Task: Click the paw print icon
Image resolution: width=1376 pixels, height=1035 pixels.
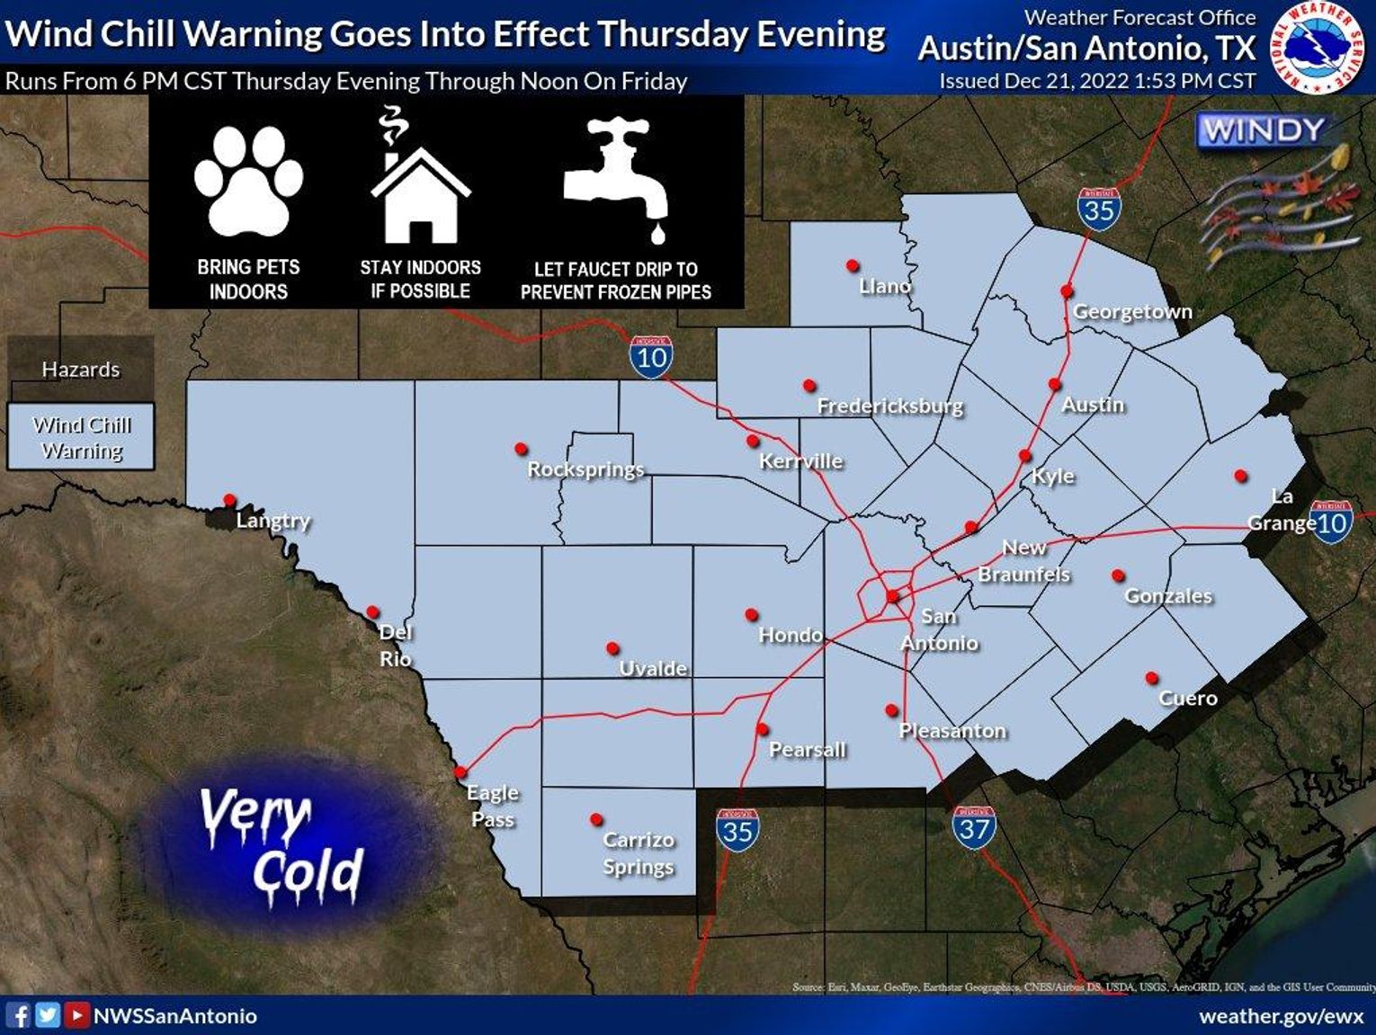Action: [248, 182]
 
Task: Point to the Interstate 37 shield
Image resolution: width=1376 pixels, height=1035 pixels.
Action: [974, 827]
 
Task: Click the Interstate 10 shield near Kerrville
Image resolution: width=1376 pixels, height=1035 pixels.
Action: [651, 357]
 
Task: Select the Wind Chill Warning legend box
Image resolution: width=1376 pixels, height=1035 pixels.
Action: [81, 437]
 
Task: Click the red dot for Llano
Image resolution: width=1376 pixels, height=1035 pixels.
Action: [853, 266]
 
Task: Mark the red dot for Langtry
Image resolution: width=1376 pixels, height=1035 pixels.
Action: [229, 500]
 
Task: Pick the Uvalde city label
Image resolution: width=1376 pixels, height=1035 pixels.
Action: [653, 668]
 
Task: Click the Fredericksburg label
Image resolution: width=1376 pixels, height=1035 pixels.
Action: [889, 406]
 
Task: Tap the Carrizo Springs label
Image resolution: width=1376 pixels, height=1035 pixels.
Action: [638, 852]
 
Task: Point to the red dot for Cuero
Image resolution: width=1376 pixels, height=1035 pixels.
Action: [1151, 678]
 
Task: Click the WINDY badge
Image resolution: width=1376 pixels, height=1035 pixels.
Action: [1264, 131]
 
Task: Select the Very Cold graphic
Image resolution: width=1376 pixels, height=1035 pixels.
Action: [282, 846]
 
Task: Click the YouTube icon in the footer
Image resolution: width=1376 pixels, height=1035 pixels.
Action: [77, 1015]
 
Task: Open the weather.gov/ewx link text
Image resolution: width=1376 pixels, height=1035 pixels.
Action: [1281, 1016]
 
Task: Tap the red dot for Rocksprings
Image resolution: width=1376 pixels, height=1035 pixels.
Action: [521, 448]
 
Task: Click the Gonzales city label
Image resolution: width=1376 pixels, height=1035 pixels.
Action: [1168, 595]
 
